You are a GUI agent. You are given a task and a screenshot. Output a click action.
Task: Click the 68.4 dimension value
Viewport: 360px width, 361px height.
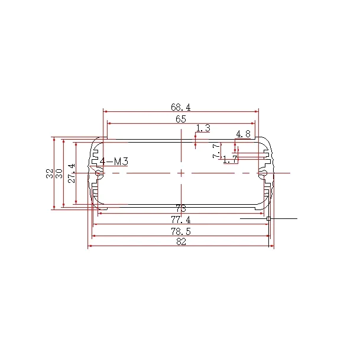[x=180, y=107]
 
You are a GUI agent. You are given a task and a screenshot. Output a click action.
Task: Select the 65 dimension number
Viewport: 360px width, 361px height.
[x=180, y=119]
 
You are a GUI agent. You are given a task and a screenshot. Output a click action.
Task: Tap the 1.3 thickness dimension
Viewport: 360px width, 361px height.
[x=203, y=128]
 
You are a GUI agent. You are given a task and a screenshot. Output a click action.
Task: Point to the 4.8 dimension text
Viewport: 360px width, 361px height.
[x=243, y=134]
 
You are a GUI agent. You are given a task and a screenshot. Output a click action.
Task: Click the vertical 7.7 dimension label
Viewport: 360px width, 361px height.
[x=216, y=151]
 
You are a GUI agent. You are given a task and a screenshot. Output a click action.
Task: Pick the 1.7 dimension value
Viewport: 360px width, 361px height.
[x=230, y=159]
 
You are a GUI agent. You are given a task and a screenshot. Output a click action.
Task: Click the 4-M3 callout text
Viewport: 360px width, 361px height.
[x=114, y=162]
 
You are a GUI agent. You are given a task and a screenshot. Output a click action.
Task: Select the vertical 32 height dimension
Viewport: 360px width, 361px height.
[x=50, y=173]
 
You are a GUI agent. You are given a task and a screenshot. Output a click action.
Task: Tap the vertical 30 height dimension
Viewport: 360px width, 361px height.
[x=59, y=173]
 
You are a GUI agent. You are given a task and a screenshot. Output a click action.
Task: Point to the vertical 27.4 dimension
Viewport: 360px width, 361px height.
[x=72, y=173]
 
